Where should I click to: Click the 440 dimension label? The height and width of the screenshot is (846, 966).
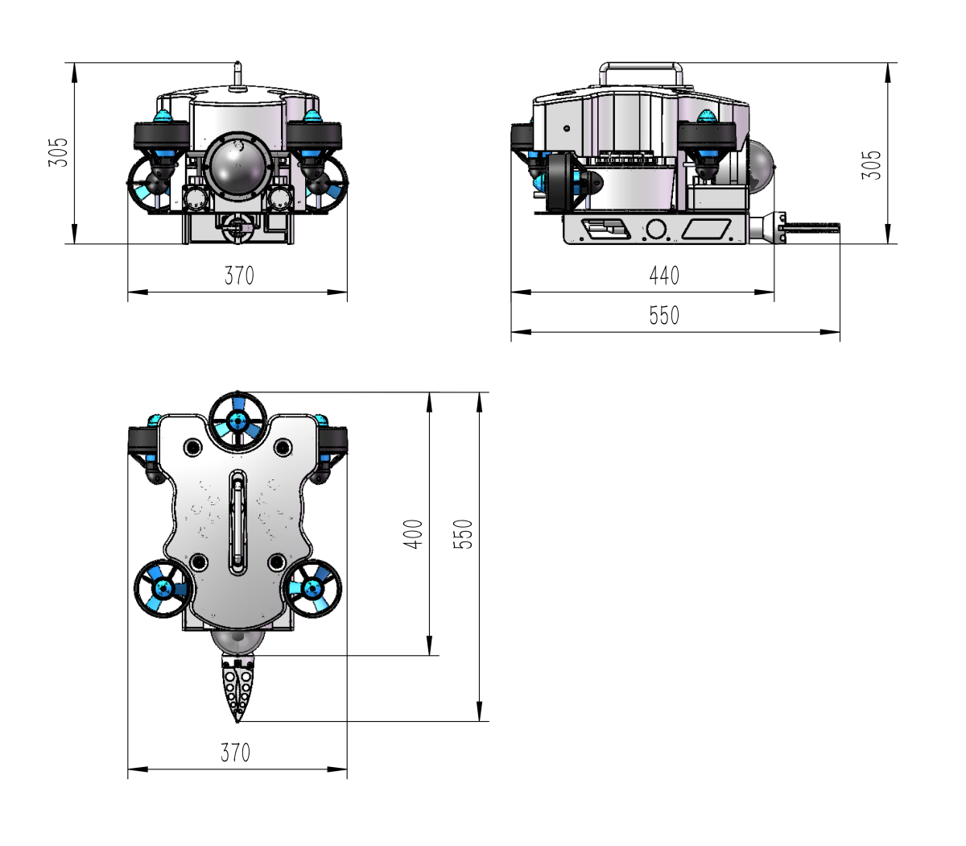pyautogui.click(x=664, y=276)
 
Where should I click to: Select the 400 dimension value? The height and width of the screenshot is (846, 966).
pyautogui.click(x=413, y=534)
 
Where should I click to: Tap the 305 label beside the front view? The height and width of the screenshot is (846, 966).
pyautogui.click(x=58, y=152)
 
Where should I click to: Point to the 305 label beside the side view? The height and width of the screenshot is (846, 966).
pyautogui.click(x=871, y=165)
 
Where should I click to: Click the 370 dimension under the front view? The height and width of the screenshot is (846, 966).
pyautogui.click(x=239, y=276)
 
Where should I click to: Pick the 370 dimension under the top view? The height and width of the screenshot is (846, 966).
pyautogui.click(x=235, y=753)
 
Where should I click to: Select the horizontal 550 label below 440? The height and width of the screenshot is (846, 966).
pyautogui.click(x=664, y=315)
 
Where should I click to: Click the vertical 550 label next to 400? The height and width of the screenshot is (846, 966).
pyautogui.click(x=463, y=534)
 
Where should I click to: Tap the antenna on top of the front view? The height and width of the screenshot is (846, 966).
pyautogui.click(x=237, y=75)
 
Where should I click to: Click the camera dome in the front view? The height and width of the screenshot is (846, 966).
pyautogui.click(x=237, y=164)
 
